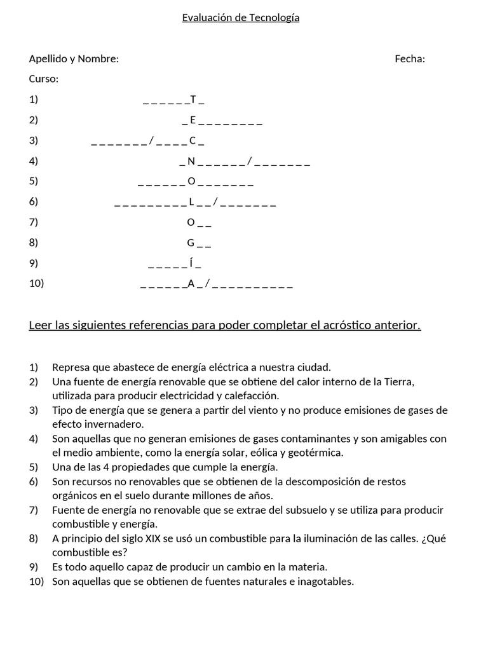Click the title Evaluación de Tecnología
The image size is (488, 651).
240,18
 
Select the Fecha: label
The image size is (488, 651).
410,59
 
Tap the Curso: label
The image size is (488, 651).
44,79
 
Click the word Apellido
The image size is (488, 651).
49,59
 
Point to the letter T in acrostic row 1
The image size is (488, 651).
193,99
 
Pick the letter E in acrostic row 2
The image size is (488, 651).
193,120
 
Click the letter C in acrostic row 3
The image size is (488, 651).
193,140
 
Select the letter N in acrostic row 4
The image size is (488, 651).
191,161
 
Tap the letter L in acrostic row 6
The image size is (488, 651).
191,202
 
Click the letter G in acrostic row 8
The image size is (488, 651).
191,242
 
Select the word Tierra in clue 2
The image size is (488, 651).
398,381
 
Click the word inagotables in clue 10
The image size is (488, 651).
325,581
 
